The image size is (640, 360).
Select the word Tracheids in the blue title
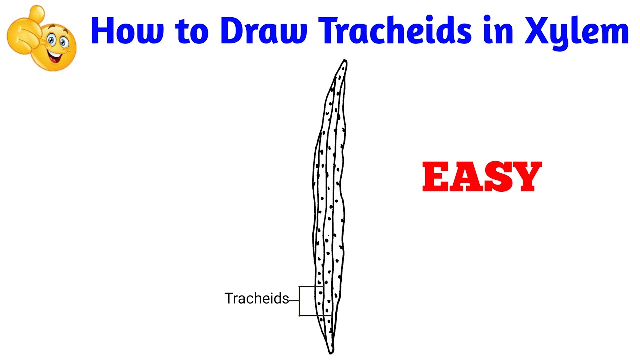click(x=396, y=31)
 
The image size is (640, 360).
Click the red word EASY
click(x=482, y=177)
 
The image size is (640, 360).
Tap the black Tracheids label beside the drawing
click(x=256, y=299)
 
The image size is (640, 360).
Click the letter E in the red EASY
click(x=437, y=177)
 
